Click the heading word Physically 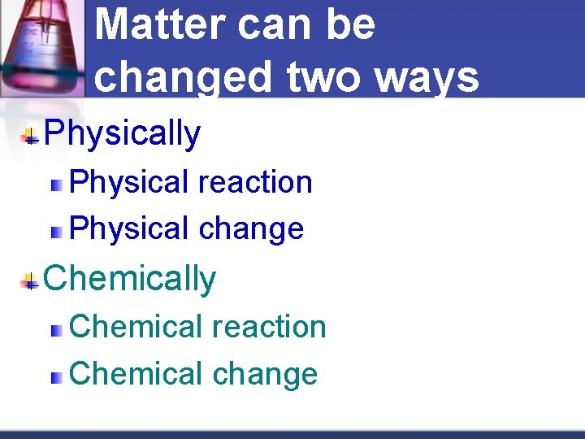click(x=122, y=134)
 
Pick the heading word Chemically click(x=130, y=279)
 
